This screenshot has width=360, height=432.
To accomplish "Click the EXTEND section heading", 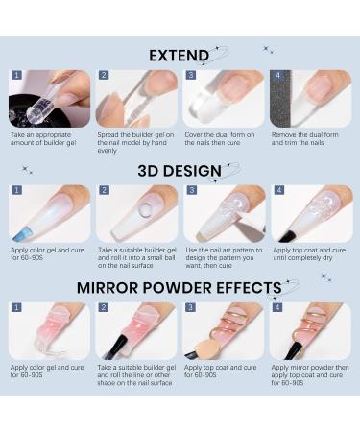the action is pos(179,56).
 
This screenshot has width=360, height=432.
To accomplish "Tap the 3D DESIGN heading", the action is pos(180,171).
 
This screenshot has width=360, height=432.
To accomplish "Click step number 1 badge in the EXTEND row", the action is pos(16,75).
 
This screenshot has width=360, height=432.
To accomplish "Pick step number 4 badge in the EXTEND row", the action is pos(277,75).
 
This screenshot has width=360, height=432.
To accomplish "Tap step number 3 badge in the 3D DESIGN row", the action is pos(191,190).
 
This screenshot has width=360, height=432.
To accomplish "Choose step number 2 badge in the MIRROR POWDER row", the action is pos(104,307).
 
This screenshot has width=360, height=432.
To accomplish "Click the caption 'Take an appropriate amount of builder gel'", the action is pos(43,139).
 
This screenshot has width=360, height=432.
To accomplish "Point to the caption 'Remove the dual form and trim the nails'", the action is pos(304,139).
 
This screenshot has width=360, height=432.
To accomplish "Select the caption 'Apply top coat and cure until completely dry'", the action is pos(309,254).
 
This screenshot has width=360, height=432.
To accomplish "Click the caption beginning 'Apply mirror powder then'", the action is pos(310,375).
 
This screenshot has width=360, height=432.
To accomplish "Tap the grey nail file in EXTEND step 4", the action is pos(280,99).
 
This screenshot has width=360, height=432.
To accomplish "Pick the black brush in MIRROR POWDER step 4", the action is pos(293,349).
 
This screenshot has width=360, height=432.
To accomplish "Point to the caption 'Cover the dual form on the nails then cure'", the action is pos(220,139).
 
